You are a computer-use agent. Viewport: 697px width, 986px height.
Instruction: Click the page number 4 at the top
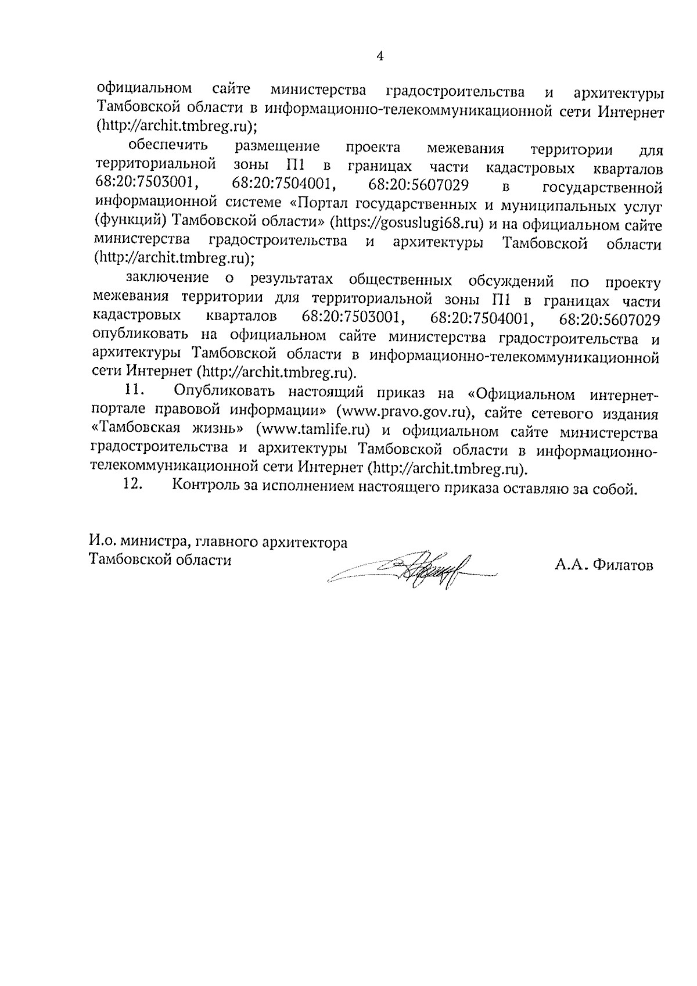(380, 56)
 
